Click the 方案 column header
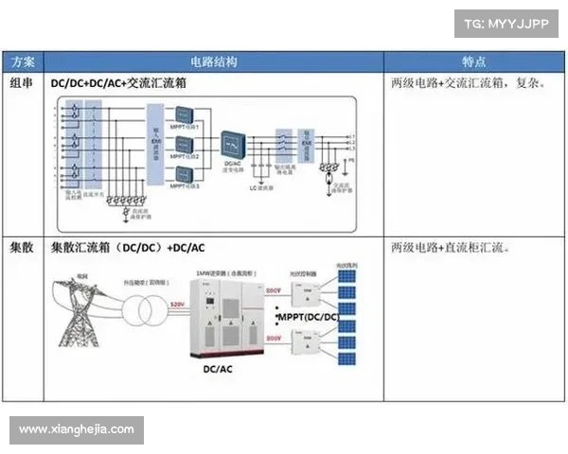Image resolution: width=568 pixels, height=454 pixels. tap(22, 61)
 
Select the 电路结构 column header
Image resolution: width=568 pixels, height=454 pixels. tap(213, 61)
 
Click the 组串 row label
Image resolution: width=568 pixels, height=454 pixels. tap(22, 83)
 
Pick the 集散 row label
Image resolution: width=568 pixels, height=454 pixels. tap(22, 248)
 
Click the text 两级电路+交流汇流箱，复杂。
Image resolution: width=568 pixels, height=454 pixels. tap(468, 83)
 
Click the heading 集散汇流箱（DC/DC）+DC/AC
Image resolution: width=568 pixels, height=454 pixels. tap(128, 248)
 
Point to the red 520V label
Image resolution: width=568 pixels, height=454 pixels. tap(176, 304)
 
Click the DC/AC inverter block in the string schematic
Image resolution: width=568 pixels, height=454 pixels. tap(231, 145)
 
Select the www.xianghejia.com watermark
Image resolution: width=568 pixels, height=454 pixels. tap(77, 429)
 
